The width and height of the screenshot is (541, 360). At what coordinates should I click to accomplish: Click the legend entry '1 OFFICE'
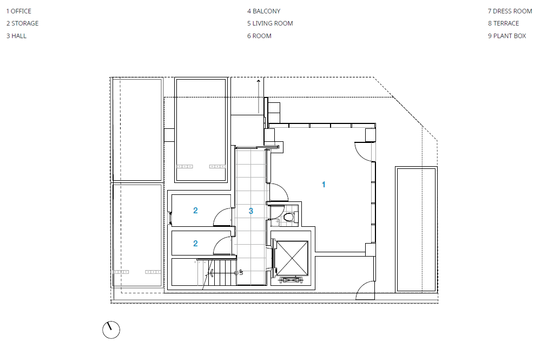(x=18, y=11)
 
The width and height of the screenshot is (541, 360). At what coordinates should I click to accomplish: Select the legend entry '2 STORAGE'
(x=22, y=23)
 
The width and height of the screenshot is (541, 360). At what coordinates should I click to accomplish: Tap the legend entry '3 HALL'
(x=16, y=36)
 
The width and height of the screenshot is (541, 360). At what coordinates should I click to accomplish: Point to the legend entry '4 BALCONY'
(x=263, y=11)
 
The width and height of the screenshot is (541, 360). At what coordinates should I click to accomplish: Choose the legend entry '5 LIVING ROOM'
(x=270, y=23)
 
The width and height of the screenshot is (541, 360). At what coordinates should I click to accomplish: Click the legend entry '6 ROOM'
(x=259, y=36)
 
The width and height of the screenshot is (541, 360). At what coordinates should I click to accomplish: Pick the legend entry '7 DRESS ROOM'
(x=510, y=11)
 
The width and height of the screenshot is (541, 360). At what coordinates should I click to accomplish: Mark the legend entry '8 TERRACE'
(x=503, y=23)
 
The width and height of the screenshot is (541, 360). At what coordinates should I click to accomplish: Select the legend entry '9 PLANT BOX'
(x=507, y=36)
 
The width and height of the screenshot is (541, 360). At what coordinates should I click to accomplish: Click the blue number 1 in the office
(x=324, y=185)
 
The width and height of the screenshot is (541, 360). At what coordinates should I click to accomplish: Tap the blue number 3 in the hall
(x=251, y=211)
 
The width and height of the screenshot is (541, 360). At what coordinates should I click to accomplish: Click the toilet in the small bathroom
(x=288, y=217)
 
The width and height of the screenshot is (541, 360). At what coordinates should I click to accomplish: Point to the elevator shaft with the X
(x=292, y=258)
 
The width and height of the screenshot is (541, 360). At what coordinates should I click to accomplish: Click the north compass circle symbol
(x=111, y=330)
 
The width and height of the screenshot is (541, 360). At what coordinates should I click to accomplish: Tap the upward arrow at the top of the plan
(x=259, y=97)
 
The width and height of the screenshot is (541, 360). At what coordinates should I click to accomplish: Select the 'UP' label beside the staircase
(x=241, y=272)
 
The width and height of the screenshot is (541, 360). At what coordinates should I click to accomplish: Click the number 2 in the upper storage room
(x=195, y=211)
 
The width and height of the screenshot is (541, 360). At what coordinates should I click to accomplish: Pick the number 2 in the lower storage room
(x=195, y=244)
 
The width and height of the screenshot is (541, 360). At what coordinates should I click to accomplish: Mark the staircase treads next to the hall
(x=221, y=273)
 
